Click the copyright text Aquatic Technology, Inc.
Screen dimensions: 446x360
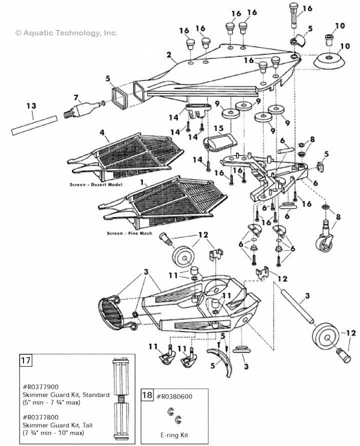(x=66, y=33)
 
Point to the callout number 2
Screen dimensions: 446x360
(x=169, y=54)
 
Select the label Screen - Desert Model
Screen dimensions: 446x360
(x=96, y=184)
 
